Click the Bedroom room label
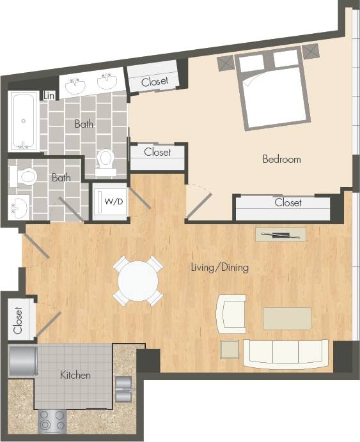click(281, 159)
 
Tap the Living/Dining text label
click(219, 268)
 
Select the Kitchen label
click(75, 375)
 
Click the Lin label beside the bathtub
click(49, 96)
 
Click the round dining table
click(138, 280)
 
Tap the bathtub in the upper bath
click(23, 121)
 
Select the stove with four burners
click(52, 420)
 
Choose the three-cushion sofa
click(286, 353)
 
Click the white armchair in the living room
click(230, 314)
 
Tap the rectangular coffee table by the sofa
click(287, 318)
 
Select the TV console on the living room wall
click(281, 234)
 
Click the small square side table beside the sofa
click(230, 349)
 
